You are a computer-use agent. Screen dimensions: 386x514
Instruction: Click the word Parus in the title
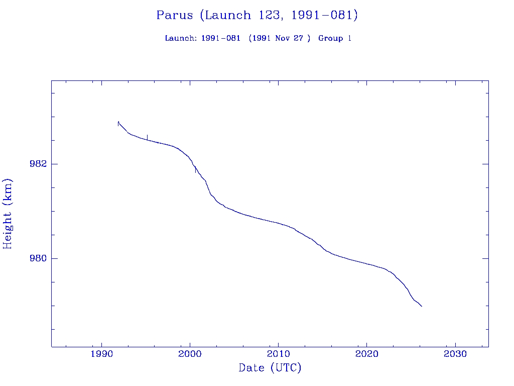(x=175, y=15)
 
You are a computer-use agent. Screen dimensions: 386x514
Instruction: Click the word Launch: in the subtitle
(x=181, y=38)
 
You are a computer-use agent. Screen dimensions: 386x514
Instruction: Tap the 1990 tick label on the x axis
(x=102, y=354)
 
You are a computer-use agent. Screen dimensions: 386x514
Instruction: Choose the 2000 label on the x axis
(x=190, y=354)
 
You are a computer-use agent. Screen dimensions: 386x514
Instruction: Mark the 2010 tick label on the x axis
(x=278, y=354)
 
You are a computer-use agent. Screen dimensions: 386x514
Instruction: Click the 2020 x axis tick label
(x=366, y=354)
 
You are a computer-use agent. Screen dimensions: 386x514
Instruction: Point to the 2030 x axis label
(x=455, y=354)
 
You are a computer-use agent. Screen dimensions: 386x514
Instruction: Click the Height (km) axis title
(x=8, y=213)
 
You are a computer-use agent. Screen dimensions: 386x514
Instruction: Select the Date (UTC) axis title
(x=270, y=368)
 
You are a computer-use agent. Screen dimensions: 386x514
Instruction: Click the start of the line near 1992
(x=118, y=122)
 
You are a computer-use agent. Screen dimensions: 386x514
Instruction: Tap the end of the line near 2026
(x=422, y=306)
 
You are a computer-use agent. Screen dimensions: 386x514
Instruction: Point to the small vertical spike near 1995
(x=147, y=137)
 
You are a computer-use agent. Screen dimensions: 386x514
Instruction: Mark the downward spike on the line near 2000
(x=195, y=171)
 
